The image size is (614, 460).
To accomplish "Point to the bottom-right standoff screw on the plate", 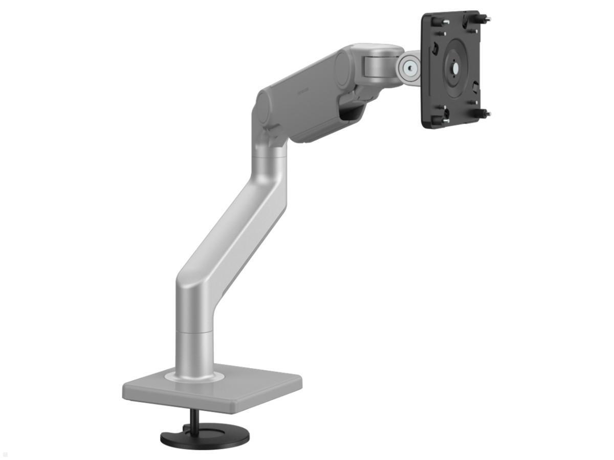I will click(x=484, y=113).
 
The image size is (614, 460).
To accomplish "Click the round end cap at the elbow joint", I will click(x=265, y=109).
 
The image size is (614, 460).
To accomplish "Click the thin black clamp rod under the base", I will click(x=193, y=420).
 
